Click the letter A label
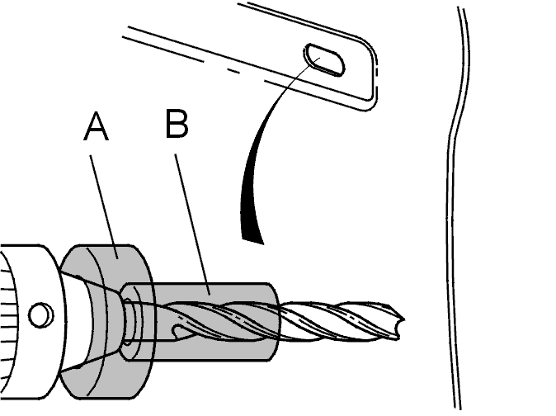96,126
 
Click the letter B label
177,123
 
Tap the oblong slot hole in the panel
324,59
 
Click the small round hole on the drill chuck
40,315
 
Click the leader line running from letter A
104,206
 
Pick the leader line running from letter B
192,224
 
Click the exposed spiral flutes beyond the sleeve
341,321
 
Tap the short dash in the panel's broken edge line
233,71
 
